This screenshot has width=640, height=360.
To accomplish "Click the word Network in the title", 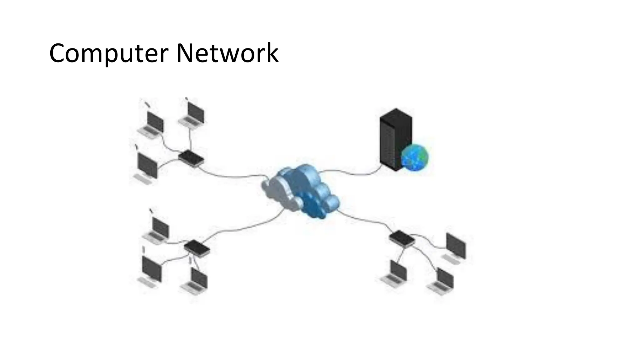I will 227,53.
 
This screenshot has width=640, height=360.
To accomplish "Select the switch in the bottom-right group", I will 402,238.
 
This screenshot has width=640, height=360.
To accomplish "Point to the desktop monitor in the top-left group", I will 147,167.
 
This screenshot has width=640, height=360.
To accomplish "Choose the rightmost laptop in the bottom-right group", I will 442,281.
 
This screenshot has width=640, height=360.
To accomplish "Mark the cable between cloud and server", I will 350,173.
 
